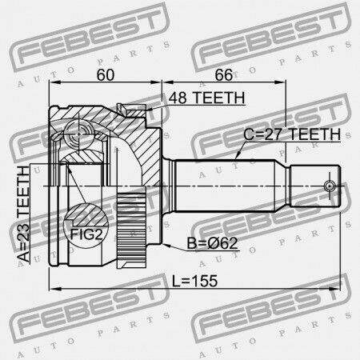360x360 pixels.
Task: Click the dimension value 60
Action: (106, 75)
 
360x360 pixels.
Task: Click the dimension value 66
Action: (224, 75)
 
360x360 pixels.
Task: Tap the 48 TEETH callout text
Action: (206, 98)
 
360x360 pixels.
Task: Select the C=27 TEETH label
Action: (292, 134)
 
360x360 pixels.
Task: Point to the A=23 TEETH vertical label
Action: (24, 214)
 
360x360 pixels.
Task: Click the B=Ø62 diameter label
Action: (212, 243)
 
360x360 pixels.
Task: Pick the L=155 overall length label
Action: (194, 281)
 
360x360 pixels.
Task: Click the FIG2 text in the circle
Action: (86, 234)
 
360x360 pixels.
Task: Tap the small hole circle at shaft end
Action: (330, 186)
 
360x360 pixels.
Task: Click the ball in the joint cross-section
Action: (79, 134)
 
